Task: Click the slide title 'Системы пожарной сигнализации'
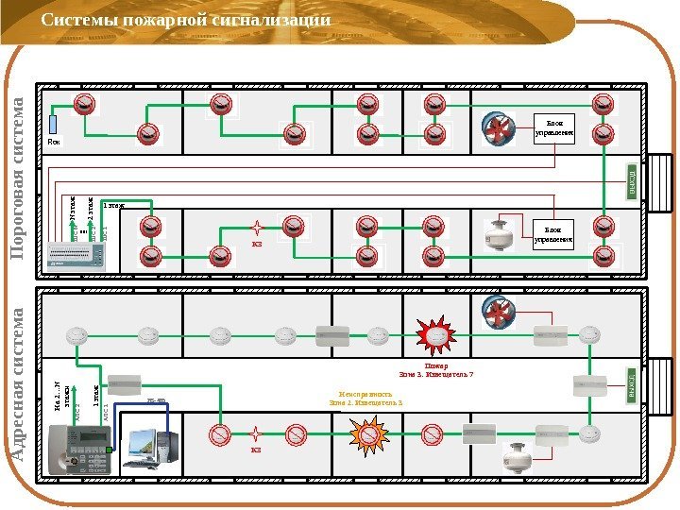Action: [x=186, y=20]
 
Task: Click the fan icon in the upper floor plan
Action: [x=498, y=129]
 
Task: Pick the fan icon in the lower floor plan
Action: [x=498, y=312]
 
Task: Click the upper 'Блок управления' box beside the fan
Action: [x=554, y=127]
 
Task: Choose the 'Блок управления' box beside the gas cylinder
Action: [x=554, y=233]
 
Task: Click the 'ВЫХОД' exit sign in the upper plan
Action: [x=631, y=180]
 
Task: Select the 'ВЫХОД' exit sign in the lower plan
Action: [x=631, y=386]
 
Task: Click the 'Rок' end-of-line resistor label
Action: [x=54, y=143]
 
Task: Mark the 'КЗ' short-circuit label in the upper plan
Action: [x=256, y=245]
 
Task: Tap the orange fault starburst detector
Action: [x=367, y=435]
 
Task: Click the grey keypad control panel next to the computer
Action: [x=82, y=448]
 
